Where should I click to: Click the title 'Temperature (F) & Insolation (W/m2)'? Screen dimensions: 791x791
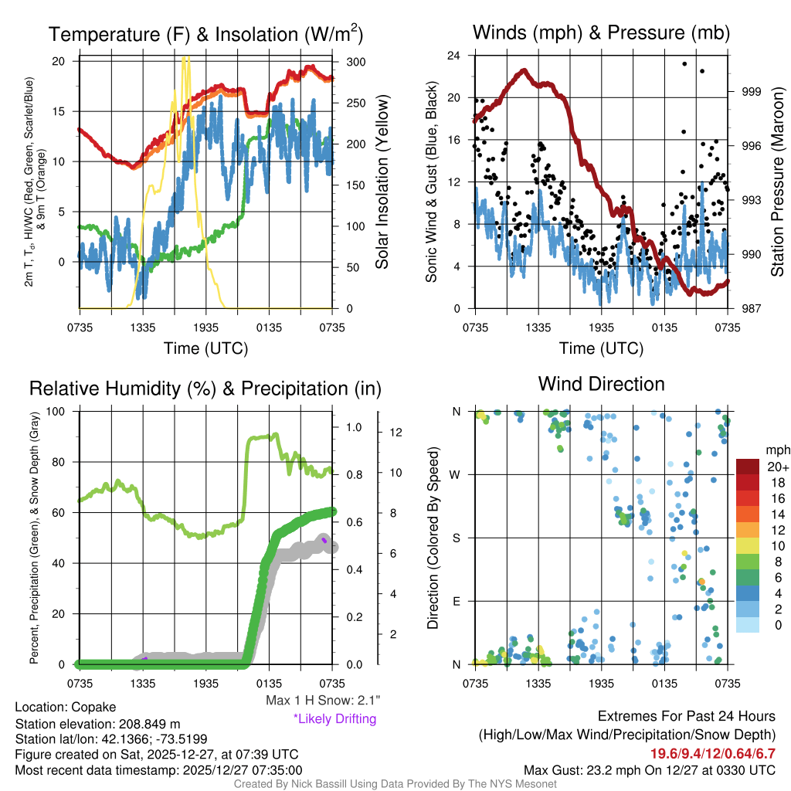pos(206,34)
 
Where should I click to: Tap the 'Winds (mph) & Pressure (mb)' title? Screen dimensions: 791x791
pos(601,32)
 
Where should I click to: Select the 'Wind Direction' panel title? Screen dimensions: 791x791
pos(601,384)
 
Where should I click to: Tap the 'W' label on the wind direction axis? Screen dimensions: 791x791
pos(456,474)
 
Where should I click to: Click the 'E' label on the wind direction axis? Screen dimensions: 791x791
pos(456,601)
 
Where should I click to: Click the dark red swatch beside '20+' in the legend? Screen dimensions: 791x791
pos(749,467)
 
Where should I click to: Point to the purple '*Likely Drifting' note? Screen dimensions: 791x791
pos(334,718)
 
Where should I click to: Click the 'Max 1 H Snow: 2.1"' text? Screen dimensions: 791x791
pos(322,701)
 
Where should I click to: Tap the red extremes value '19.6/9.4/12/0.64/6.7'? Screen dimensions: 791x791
pos(712,753)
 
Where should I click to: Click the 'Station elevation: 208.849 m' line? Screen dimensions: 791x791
pos(97,724)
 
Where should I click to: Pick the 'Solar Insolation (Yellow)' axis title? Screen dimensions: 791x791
pos(382,182)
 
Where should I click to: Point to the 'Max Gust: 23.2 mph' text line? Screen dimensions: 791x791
pos(649,769)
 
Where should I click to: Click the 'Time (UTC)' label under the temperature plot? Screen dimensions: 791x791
pos(206,348)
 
